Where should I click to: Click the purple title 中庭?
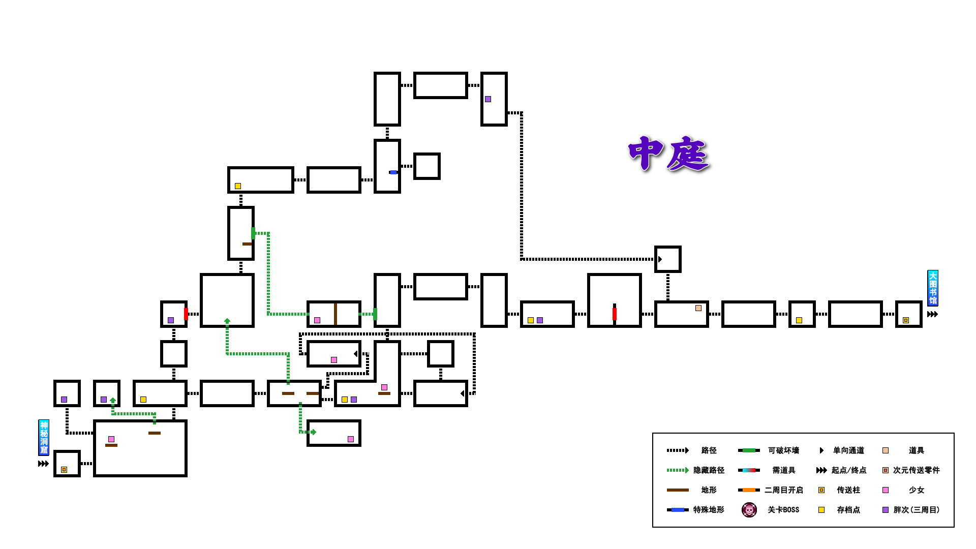coord(668,154)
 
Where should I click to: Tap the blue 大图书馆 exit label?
coord(933,288)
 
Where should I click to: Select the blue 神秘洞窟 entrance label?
coord(44,437)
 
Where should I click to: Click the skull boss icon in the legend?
coord(749,509)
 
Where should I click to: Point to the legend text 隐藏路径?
coord(709,470)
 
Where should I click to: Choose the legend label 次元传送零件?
coord(916,470)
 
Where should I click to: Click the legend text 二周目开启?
coord(783,490)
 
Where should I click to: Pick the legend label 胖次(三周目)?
coord(916,510)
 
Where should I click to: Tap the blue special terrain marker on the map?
coord(393,172)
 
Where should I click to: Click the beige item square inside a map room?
coord(698,308)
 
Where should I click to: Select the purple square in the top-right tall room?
coord(488,99)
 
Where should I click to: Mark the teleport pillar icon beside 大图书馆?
coord(906,320)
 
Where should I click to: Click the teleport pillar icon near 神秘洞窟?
coord(64,470)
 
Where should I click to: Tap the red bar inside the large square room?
coord(615,314)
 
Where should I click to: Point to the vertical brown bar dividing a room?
coord(335,314)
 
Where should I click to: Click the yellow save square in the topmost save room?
coord(238,186)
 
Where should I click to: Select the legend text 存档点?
coord(848,510)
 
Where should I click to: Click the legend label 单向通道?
coord(848,450)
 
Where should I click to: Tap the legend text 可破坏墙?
coord(783,450)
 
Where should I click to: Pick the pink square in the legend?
coord(886,490)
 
